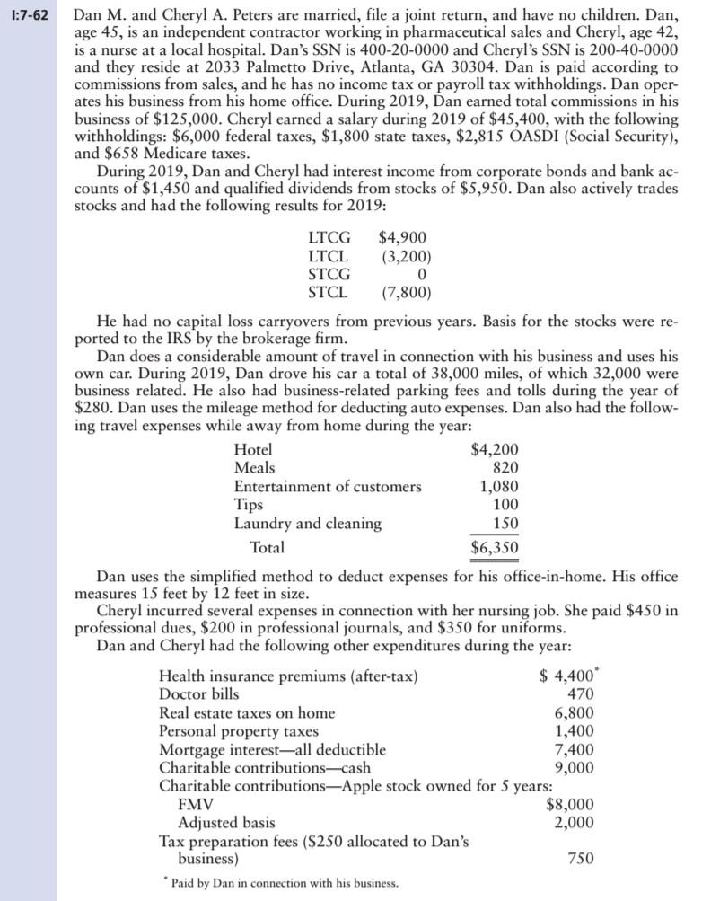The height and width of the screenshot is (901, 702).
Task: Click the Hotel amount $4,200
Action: pyautogui.click(x=495, y=450)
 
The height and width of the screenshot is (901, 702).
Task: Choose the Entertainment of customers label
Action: pyautogui.click(x=327, y=486)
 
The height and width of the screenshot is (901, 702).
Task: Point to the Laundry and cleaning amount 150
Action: pyautogui.click(x=504, y=523)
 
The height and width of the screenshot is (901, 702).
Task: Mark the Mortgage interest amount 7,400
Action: pyautogui.click(x=571, y=748)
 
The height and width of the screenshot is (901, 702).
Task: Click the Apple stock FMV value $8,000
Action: pyautogui.click(x=570, y=805)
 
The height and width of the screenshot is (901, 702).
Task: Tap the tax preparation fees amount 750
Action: pyautogui.click(x=577, y=859)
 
